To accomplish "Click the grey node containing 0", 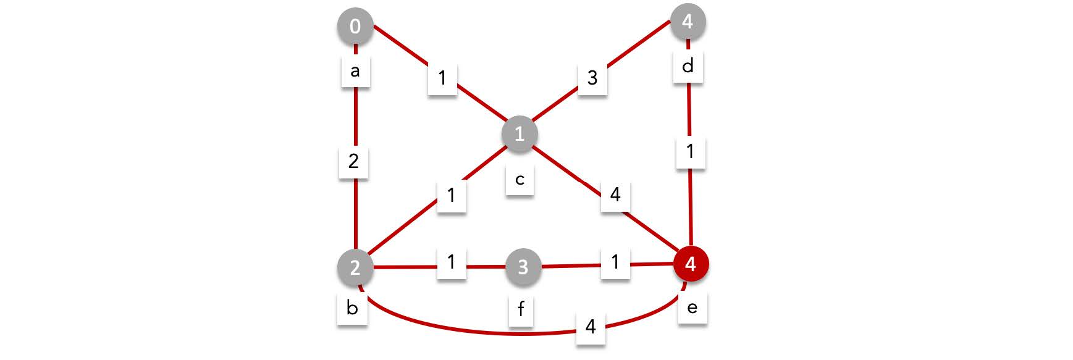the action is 355,27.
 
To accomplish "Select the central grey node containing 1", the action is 520,133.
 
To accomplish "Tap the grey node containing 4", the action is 688,22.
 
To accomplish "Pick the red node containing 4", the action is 691,264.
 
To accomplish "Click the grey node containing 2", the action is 355,268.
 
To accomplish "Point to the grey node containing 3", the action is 523,267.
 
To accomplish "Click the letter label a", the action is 355,71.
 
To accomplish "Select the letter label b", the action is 352,308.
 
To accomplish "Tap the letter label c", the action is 520,180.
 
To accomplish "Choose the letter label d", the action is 688,66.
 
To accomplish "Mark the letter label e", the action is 692,307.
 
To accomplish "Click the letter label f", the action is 521,309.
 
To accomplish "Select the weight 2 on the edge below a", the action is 354,161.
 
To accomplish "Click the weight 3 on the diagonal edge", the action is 592,78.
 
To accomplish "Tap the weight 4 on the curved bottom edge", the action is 591,326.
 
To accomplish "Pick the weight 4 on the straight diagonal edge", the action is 615,195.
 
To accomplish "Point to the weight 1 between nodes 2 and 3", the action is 452,262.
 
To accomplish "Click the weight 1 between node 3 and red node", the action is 615,262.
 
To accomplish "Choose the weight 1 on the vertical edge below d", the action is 691,151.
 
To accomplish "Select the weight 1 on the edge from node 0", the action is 442,78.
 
